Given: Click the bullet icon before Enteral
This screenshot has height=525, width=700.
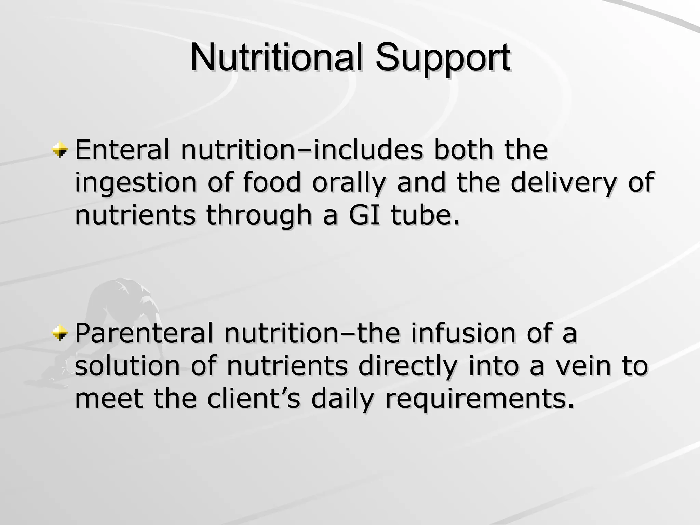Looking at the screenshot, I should click(x=60, y=149).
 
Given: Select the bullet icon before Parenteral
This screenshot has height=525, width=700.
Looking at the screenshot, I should click(x=60, y=333).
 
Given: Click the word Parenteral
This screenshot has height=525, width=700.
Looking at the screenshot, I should click(x=144, y=333).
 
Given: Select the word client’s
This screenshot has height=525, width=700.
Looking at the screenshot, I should click(x=253, y=399).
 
